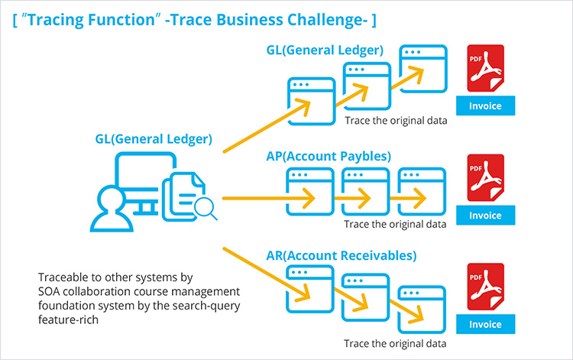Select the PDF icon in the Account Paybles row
point(485,178)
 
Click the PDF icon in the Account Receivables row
point(485,287)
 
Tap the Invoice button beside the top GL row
point(485,106)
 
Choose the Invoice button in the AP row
point(485,215)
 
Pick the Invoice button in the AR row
point(485,324)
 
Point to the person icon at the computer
point(109,210)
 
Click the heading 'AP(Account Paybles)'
point(329,156)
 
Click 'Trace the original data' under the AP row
point(395,225)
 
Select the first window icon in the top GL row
point(310,96)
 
